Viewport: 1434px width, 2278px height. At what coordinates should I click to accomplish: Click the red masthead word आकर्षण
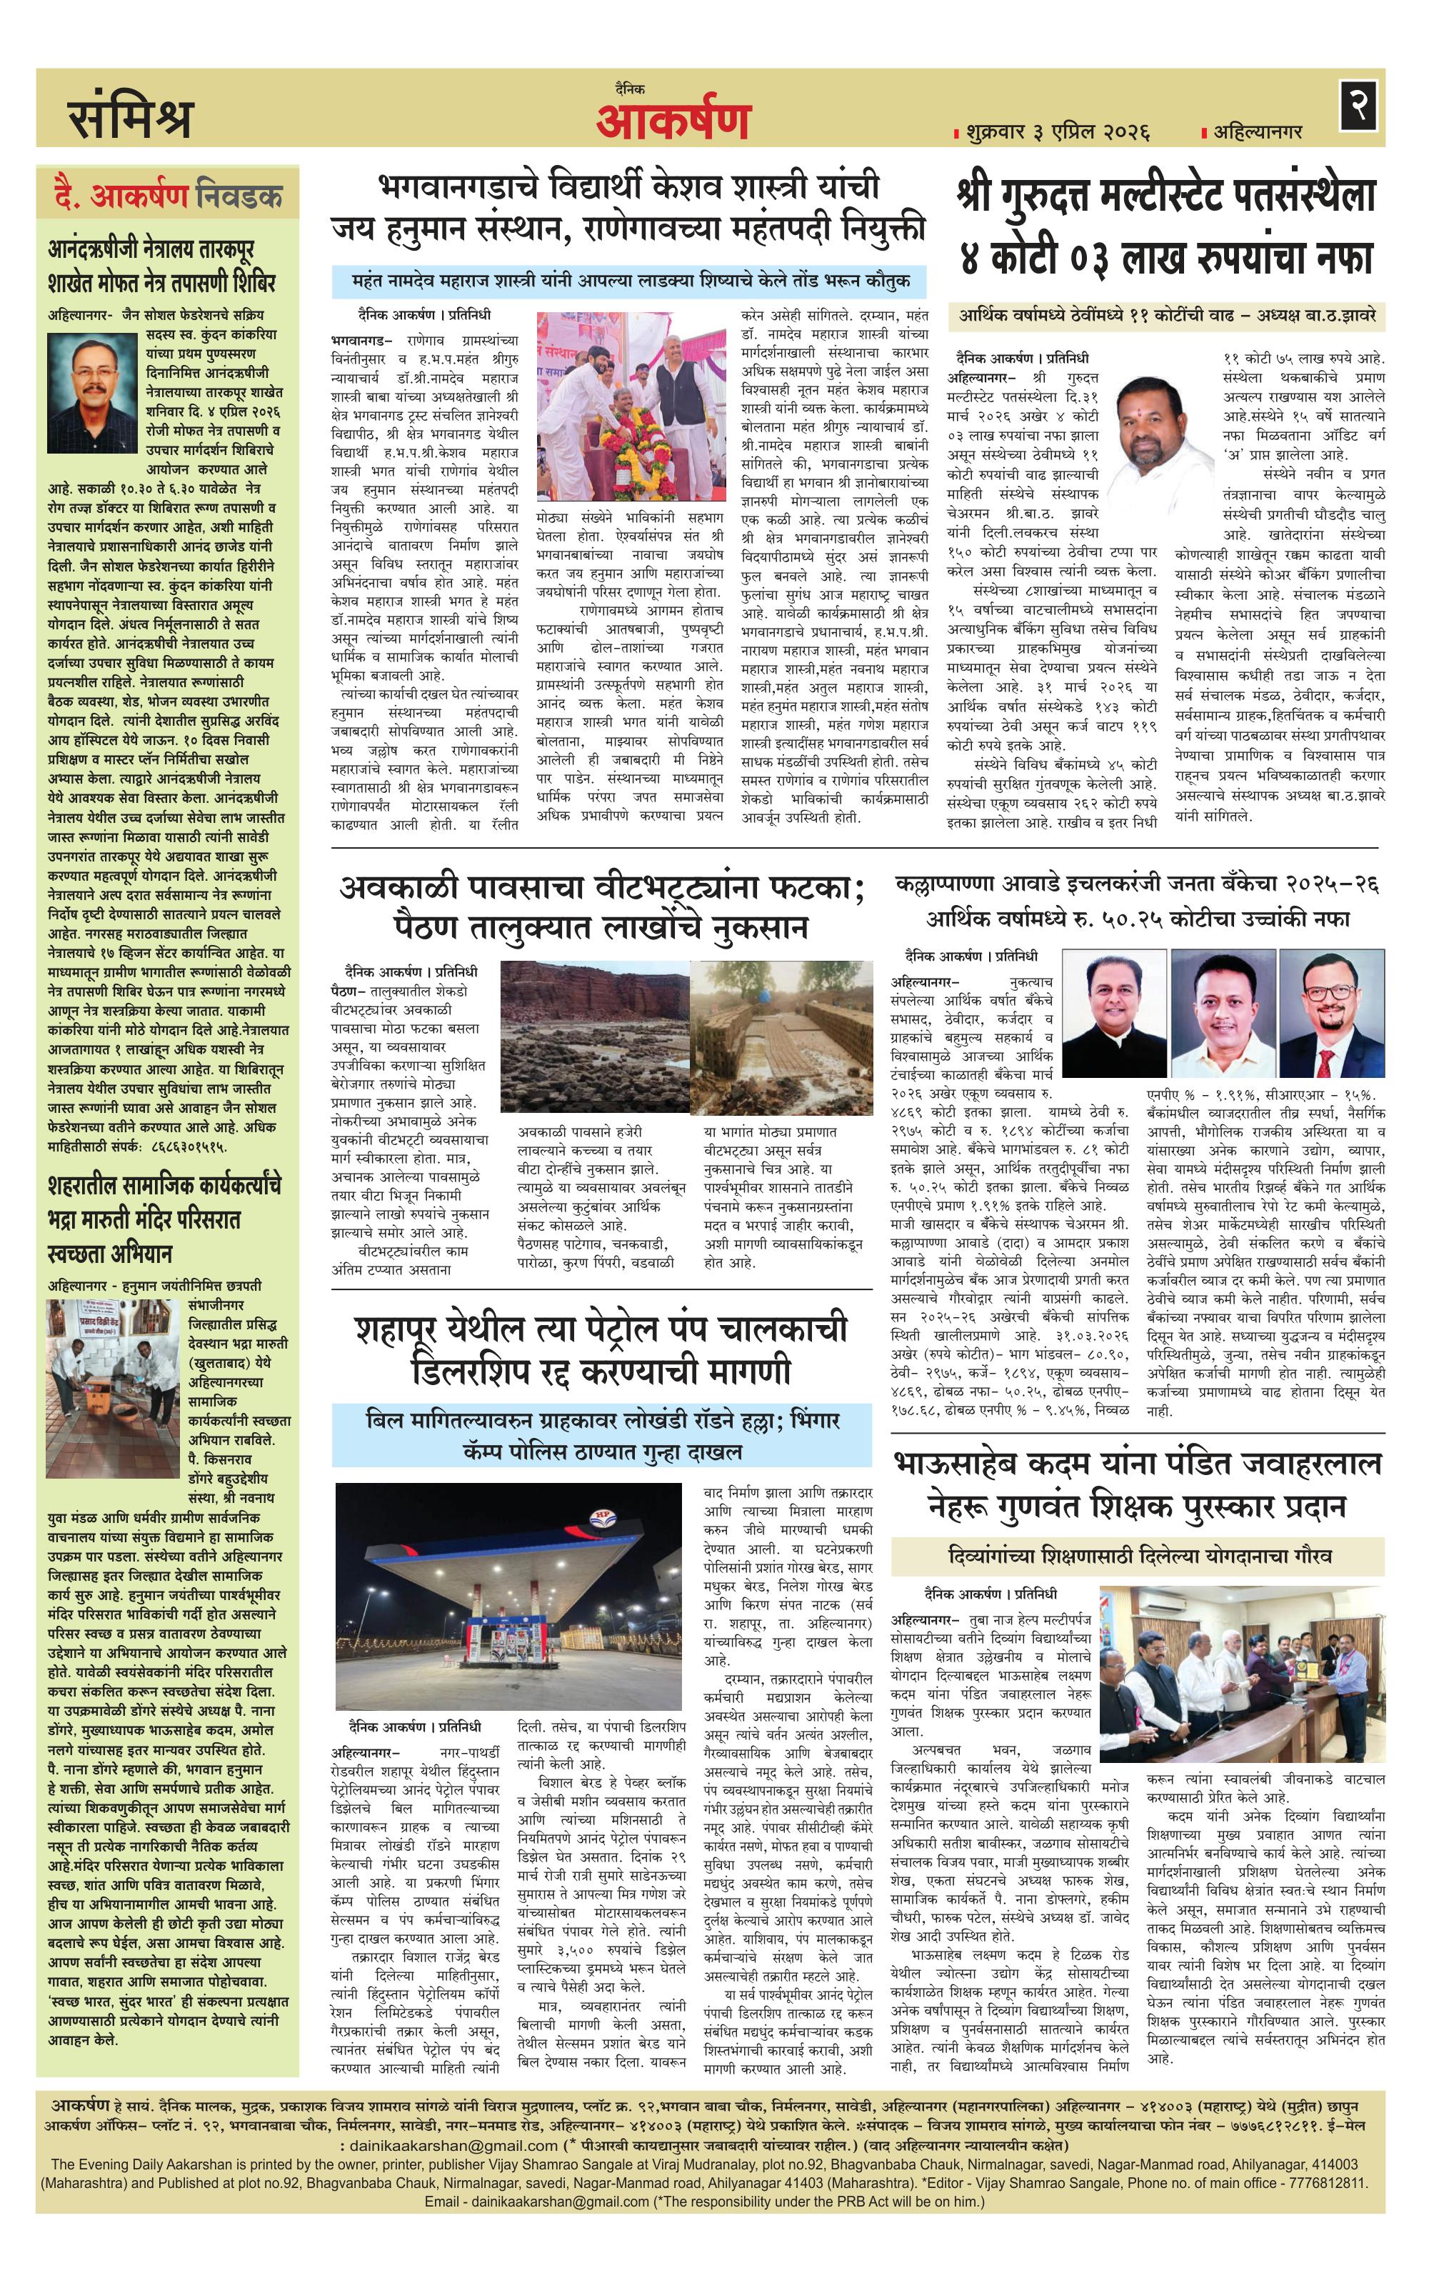coord(673,120)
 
